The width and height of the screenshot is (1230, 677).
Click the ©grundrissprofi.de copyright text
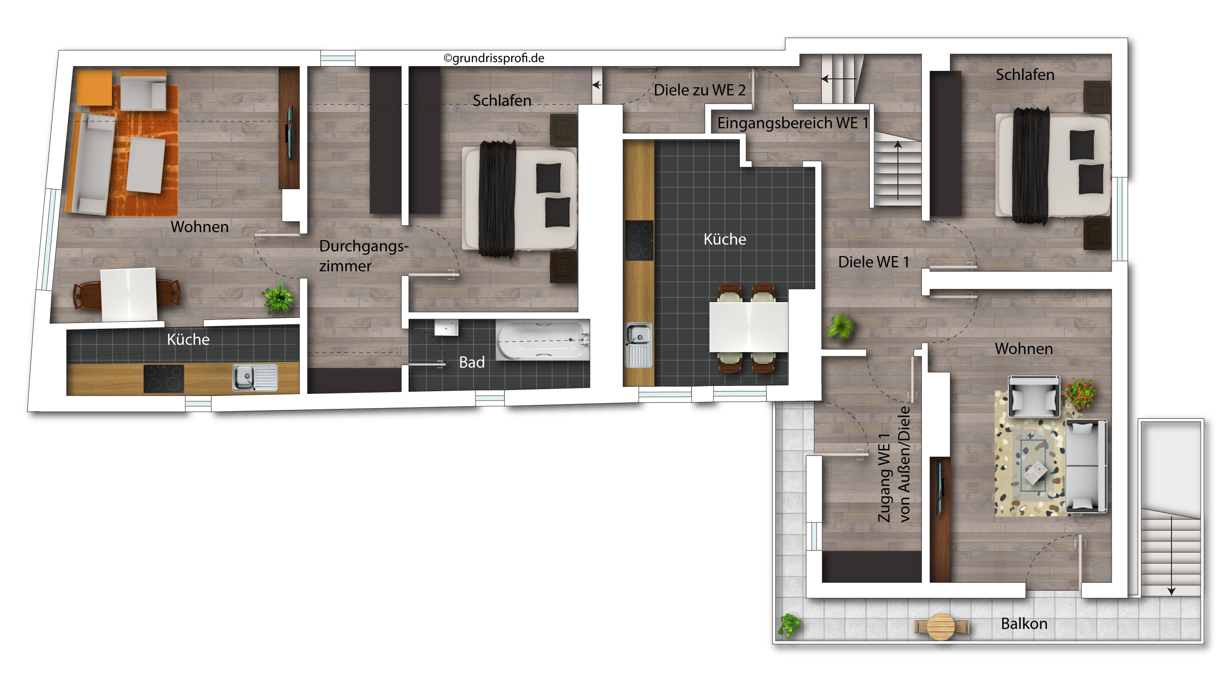tap(494, 58)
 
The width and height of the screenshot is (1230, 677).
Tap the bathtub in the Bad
tap(543, 339)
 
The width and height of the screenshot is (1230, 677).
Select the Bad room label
tap(472, 362)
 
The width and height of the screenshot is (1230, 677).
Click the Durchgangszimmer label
tap(364, 256)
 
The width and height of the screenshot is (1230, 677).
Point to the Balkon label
tap(1024, 623)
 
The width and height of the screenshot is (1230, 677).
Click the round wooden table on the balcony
tap(941, 626)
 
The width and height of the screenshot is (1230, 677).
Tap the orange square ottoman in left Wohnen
tap(94, 88)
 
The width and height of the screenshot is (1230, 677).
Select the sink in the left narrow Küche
tap(255, 377)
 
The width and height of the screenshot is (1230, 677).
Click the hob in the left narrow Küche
tap(164, 379)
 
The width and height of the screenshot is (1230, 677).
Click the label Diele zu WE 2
tap(699, 90)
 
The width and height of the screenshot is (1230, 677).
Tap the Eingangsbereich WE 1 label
tap(793, 123)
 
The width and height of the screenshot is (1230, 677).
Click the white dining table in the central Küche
tap(748, 327)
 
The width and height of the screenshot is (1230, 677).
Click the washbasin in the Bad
tap(446, 327)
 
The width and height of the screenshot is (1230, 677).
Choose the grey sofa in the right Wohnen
tap(1086, 466)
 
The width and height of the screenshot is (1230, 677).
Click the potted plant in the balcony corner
tap(790, 626)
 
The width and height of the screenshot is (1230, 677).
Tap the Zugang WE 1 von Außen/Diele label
tap(894, 464)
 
